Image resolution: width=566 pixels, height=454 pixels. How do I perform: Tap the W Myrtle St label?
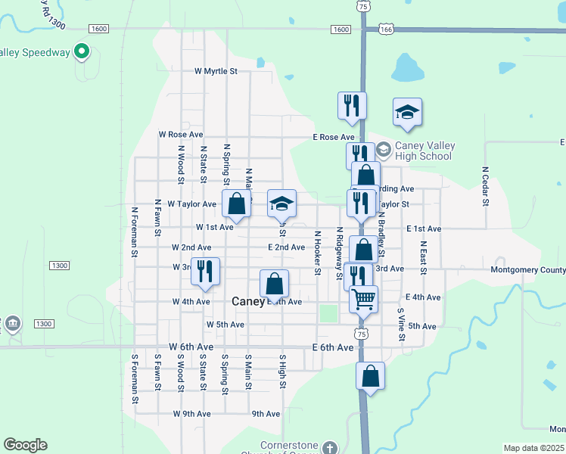[216, 71]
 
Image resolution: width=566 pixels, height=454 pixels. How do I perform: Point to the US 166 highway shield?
[388, 30]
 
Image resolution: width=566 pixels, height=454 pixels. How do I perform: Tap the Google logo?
[25, 445]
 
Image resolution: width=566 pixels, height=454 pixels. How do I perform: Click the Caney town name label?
[247, 301]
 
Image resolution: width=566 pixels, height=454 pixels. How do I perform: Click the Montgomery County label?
[528, 269]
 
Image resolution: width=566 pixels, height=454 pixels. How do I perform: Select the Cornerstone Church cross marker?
[329, 448]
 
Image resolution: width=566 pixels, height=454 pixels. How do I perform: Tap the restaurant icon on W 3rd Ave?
[204, 271]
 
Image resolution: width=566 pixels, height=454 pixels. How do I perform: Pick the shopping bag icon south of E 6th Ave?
[370, 376]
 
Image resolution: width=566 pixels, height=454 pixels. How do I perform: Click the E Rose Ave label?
[334, 137]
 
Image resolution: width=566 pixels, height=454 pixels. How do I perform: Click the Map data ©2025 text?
[534, 448]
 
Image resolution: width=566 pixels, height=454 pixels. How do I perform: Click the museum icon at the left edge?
[12, 324]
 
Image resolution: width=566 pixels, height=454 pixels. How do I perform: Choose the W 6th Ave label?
[191, 347]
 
